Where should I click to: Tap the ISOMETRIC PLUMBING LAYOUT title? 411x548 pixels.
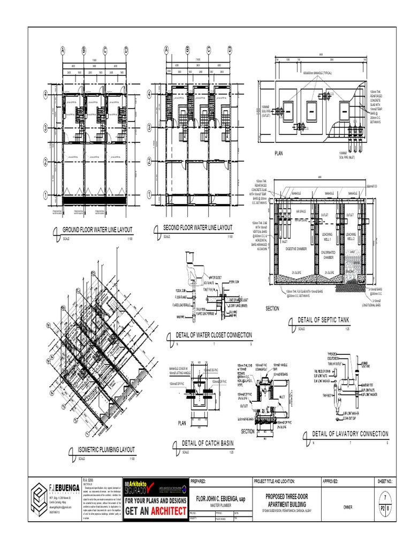[x=106, y=450]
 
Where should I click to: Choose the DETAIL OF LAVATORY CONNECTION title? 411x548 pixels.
[x=350, y=433]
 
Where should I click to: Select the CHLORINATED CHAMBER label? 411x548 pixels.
[x=328, y=254]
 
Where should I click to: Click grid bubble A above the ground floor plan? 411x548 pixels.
[x=63, y=51]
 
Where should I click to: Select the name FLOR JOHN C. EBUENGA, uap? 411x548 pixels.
[x=220, y=499]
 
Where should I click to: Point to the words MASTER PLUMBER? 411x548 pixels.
[x=219, y=505]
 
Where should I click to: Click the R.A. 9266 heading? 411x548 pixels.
[x=88, y=481]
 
